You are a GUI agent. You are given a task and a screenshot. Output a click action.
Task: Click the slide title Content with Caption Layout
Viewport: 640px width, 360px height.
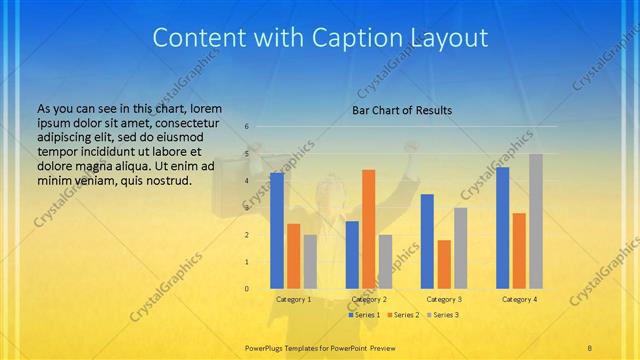point(320,39)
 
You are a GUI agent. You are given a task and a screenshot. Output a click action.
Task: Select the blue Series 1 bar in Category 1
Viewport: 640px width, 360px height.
point(277,230)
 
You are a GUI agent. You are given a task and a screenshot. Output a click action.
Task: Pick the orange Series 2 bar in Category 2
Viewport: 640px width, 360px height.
point(368,229)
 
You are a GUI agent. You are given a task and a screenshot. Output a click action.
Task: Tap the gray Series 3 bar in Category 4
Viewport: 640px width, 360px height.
point(535,221)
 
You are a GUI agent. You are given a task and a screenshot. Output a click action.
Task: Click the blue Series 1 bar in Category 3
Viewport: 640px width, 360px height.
point(427,241)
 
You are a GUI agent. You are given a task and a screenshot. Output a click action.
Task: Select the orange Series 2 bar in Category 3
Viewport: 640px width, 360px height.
point(444,264)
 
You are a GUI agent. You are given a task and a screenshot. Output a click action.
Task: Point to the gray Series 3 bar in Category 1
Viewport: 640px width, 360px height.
point(310,262)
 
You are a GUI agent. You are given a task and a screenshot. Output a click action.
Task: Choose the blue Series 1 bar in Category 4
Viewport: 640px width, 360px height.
point(502,228)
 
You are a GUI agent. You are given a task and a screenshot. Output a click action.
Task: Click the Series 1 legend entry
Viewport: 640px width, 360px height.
point(364,315)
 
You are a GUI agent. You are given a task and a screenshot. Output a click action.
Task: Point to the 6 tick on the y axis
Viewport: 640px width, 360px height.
point(246,127)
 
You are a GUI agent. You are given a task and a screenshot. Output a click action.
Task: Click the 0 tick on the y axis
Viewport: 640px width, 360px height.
point(246,289)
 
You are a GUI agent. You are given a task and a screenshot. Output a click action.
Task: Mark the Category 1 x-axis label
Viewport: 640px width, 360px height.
point(293,299)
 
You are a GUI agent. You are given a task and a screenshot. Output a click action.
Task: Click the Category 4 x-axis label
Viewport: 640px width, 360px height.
point(518,299)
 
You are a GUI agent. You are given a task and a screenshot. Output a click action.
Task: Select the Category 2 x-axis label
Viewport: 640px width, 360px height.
point(368,299)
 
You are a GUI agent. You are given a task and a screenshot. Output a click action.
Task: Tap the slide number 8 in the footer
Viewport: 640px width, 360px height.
point(590,347)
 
